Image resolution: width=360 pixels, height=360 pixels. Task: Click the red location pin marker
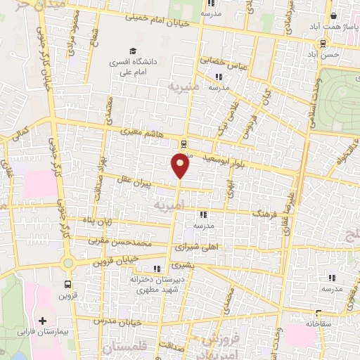click(181, 165)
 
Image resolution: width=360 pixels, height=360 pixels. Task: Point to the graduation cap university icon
click(132, 51)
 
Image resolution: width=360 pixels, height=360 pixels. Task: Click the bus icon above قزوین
click(67, 285)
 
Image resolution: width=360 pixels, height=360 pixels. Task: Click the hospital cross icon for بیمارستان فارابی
click(44, 320)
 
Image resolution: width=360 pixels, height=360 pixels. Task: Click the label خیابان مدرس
click(122, 321)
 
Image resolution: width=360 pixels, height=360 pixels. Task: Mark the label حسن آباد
click(328, 53)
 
